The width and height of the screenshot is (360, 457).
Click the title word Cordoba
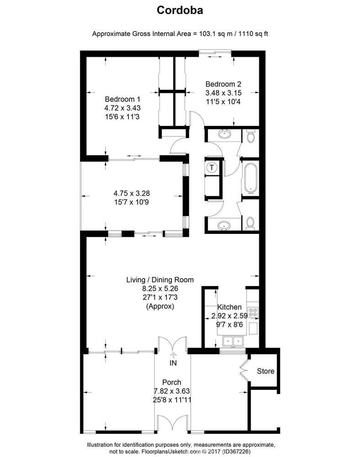coord(180,10)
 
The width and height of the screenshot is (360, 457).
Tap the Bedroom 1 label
coord(122,99)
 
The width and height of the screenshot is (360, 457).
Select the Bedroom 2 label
coord(223,84)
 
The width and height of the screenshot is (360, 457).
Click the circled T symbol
coord(212,167)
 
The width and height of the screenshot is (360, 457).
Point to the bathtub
coord(250,177)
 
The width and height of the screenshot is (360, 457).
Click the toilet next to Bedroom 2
coord(250,136)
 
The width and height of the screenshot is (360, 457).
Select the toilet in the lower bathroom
coord(250,222)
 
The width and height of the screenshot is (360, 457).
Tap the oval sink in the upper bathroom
coord(224,134)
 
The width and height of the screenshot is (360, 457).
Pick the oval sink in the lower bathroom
coord(224,225)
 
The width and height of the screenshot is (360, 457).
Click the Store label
coord(265,371)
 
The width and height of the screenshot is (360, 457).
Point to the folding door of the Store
coord(243,369)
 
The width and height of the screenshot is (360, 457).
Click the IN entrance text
coord(173,363)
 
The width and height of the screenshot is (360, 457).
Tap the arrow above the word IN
coord(173,354)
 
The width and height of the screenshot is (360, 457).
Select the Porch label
coord(172,382)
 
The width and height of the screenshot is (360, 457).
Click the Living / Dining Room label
coord(160,280)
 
